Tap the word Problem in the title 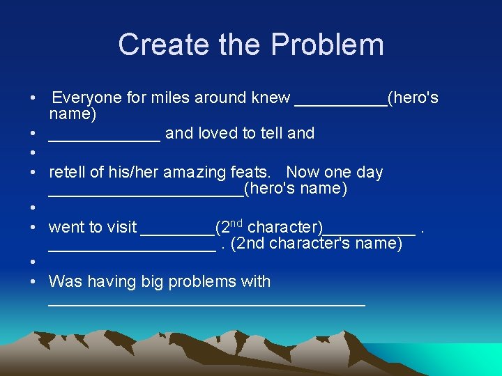327,45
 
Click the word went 66,227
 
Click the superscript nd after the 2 236,223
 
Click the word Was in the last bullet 65,281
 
